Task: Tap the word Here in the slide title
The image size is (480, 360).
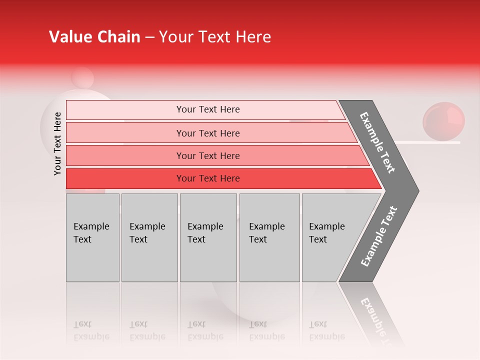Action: coord(252,37)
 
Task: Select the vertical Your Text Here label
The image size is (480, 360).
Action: coord(57,143)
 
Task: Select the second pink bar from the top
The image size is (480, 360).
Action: coord(207,133)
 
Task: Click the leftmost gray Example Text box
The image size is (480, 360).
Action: coord(92,237)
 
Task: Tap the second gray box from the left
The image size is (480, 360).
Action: coord(149,237)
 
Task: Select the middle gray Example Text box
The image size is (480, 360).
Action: coord(208,237)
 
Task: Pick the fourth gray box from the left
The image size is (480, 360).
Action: coord(269,237)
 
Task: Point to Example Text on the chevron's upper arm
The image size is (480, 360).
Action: coord(378,142)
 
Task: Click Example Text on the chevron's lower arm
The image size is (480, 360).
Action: coord(378,236)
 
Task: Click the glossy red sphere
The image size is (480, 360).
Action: coord(443,121)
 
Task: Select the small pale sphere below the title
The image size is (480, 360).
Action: coord(82,78)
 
